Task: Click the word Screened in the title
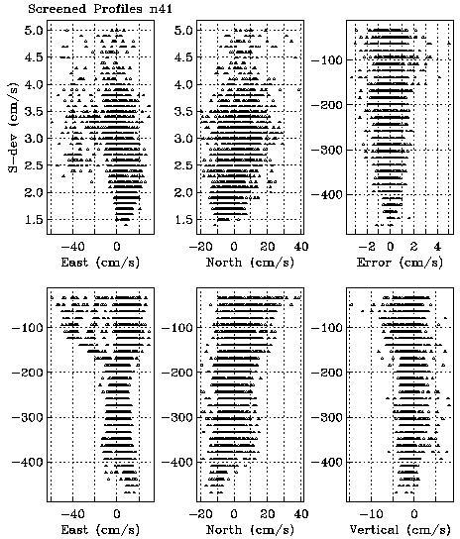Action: click(57, 8)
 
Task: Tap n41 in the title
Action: click(161, 8)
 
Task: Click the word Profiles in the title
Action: click(118, 8)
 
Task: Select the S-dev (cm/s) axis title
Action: click(13, 127)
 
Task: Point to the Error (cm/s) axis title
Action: click(400, 263)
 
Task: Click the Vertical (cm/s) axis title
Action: click(400, 530)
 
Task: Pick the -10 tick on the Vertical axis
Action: click(370, 514)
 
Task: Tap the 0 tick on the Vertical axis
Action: click(414, 514)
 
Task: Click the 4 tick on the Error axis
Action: click(437, 247)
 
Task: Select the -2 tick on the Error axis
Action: click(366, 247)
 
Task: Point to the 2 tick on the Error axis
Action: click(413, 247)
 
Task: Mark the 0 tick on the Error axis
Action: click(391, 247)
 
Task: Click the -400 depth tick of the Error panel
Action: click(326, 195)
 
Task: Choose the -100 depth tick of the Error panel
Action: click(326, 60)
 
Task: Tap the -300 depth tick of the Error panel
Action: click(326, 150)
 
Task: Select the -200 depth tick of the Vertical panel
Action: click(326, 373)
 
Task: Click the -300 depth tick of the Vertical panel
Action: click(326, 417)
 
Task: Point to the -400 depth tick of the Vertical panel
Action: click(326, 462)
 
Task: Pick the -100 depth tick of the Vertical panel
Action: click(326, 328)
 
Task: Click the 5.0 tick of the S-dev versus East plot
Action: click(34, 31)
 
